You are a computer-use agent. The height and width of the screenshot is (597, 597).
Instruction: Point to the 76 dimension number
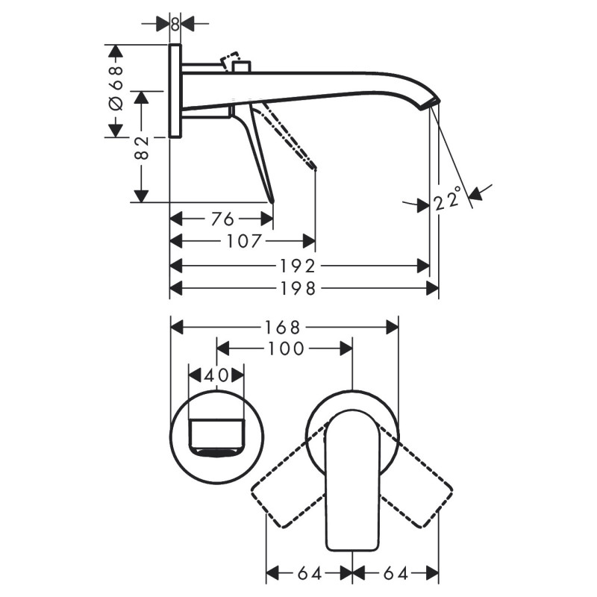tap(222, 219)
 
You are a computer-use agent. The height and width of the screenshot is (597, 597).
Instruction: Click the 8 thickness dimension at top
tap(175, 23)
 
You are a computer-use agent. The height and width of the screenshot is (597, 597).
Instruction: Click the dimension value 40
tap(216, 375)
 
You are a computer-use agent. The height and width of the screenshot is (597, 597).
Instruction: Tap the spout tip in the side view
tap(431, 104)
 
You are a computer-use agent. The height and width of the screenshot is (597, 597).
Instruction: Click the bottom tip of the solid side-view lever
tap(272, 200)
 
